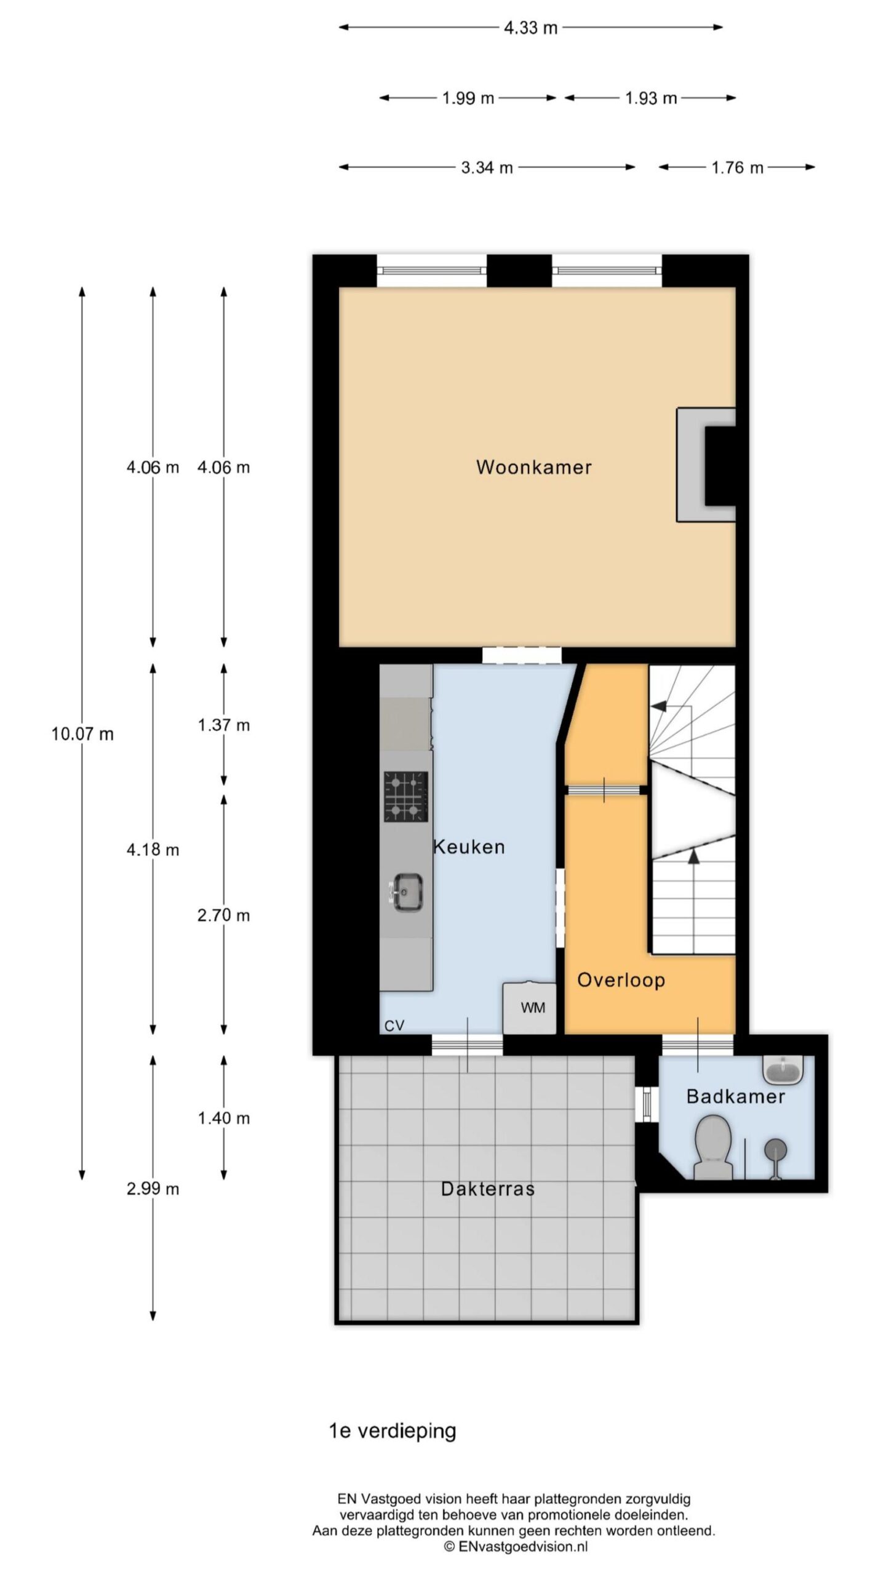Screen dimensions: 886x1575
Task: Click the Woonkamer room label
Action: [x=533, y=467]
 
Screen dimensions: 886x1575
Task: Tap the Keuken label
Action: [x=469, y=847]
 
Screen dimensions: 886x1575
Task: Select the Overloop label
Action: [x=621, y=980]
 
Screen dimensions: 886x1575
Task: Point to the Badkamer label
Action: [x=735, y=1096]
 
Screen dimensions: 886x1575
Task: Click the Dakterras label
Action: [x=488, y=1189]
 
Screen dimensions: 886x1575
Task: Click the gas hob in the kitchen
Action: [x=406, y=797]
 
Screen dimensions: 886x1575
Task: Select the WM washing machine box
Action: [x=530, y=1008]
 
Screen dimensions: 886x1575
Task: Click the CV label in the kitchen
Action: [x=394, y=1026]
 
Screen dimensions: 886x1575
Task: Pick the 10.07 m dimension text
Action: [x=82, y=734]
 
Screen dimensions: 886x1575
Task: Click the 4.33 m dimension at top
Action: [x=530, y=28]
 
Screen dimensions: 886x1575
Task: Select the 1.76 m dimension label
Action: [x=737, y=167]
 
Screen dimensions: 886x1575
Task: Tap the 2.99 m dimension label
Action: [x=153, y=1189]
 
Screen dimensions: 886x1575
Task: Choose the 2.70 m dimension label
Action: [x=223, y=915]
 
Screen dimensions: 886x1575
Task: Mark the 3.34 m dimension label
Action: [x=487, y=167]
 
